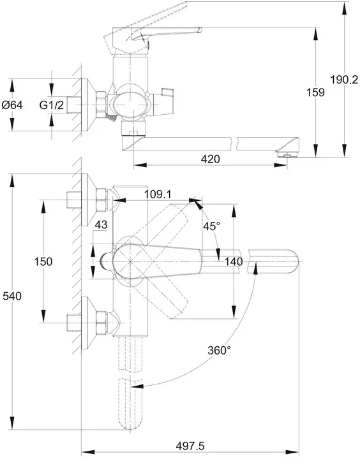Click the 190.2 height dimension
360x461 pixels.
click(343, 80)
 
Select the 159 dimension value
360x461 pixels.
click(315, 92)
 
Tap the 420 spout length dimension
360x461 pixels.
click(210, 159)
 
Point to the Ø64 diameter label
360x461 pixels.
click(12, 105)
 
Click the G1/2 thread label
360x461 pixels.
click(52, 105)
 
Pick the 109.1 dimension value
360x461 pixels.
click(158, 194)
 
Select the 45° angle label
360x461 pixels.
click(212, 226)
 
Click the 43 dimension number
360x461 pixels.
click(101, 225)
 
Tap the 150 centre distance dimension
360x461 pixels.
click(43, 261)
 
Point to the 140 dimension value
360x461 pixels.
click(234, 261)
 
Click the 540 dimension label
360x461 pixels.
click(12, 296)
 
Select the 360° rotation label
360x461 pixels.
click(220, 350)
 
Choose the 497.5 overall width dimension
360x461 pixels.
click(190, 446)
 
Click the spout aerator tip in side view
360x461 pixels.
click(288, 154)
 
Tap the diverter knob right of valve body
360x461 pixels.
click(163, 101)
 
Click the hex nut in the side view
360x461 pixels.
click(101, 105)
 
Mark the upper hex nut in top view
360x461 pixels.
click(101, 200)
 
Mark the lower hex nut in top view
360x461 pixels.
click(101, 323)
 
